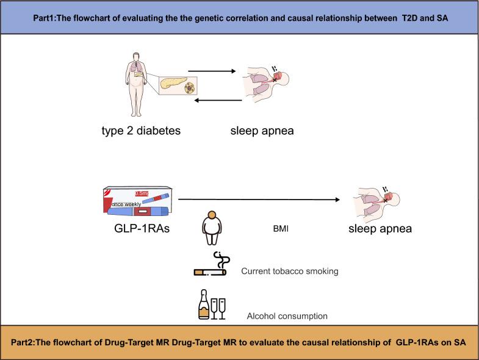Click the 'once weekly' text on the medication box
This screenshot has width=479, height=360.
125,203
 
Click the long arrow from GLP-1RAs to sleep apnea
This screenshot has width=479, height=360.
259,200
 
